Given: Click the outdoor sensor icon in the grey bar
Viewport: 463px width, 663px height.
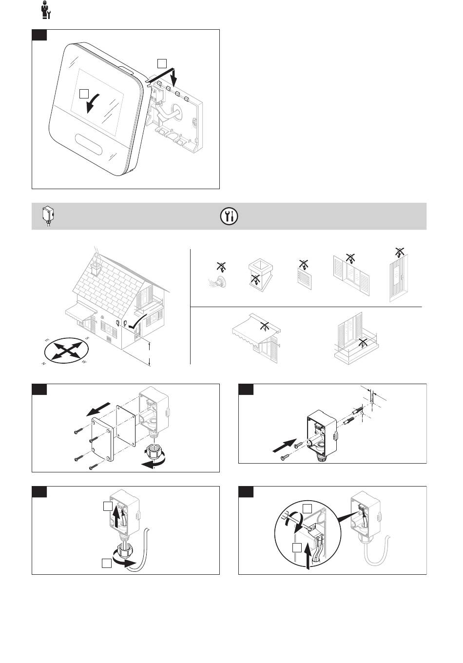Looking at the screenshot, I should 47,215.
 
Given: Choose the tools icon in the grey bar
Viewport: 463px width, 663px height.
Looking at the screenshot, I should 229,216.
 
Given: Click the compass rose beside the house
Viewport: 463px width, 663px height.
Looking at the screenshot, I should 66,350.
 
